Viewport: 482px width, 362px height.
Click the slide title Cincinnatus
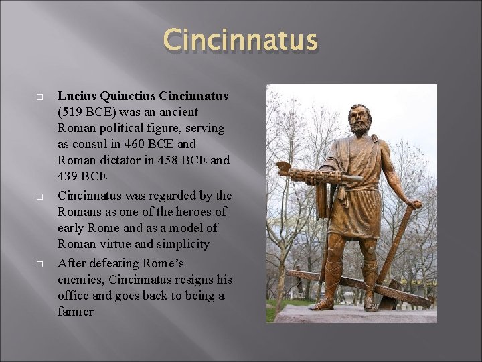(240, 40)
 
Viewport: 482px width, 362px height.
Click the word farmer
(76, 312)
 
